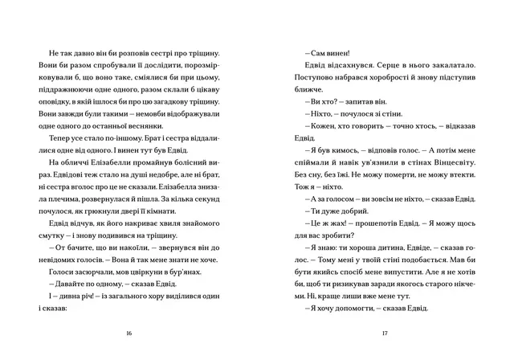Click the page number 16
129,333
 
